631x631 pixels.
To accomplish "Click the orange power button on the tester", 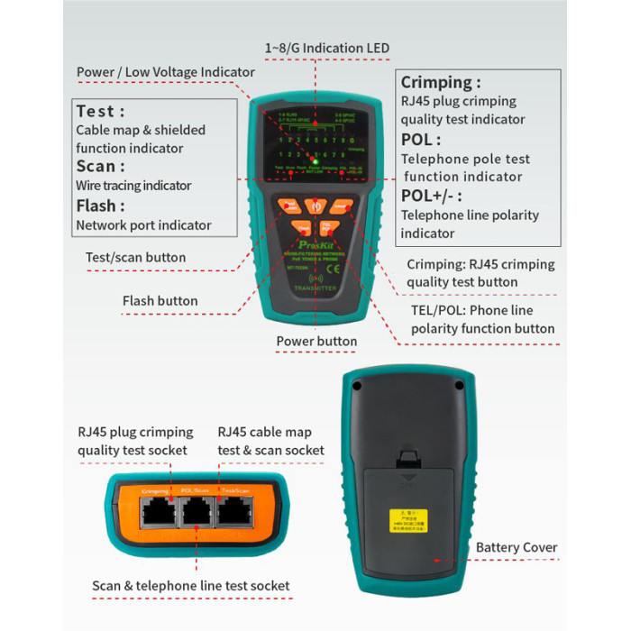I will (x=315, y=206).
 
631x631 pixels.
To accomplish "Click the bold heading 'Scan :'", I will (x=101, y=166).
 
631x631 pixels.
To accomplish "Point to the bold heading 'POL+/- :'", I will (x=432, y=196).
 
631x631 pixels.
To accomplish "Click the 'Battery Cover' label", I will (x=517, y=548).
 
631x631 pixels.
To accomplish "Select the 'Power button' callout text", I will (x=315, y=342).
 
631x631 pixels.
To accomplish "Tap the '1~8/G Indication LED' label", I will (x=326, y=48).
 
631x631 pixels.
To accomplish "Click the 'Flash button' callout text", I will (x=160, y=301).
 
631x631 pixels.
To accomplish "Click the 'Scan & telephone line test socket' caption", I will (x=191, y=586).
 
